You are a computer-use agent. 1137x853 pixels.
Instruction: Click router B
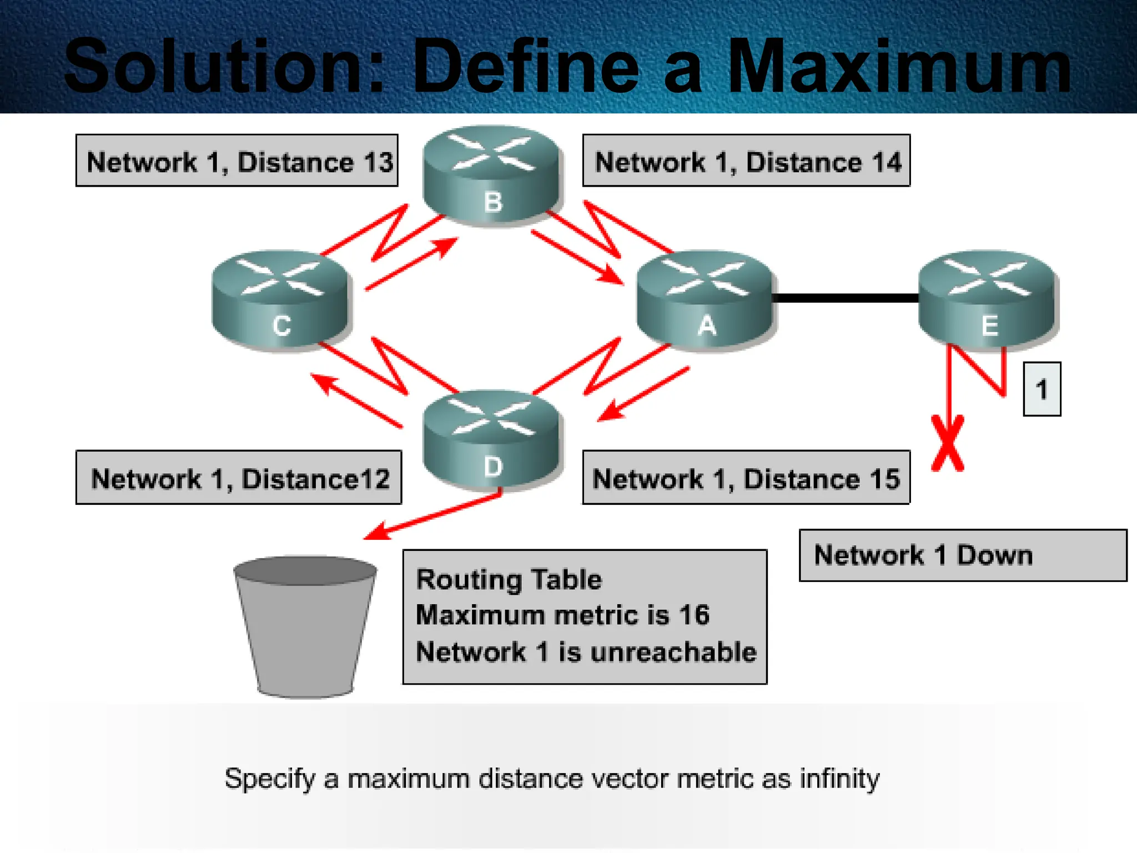pyautogui.click(x=491, y=175)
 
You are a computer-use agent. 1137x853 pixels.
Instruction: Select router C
pyautogui.click(x=281, y=300)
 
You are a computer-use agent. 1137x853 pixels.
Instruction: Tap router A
pyautogui.click(x=705, y=300)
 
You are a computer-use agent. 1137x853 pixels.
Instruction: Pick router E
pyautogui.click(x=988, y=300)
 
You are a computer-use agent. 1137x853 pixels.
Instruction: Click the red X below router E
pyautogui.click(x=948, y=444)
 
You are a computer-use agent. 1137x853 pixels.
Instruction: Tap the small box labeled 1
pyautogui.click(x=1042, y=389)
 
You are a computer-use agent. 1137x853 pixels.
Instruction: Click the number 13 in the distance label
pyautogui.click(x=378, y=163)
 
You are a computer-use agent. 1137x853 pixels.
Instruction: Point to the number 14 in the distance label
pyautogui.click(x=886, y=163)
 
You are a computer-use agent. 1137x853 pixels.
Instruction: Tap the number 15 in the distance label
pyautogui.click(x=884, y=479)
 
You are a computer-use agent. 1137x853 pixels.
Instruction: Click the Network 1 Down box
pyautogui.click(x=962, y=555)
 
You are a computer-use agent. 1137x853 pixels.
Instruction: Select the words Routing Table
pyautogui.click(x=509, y=580)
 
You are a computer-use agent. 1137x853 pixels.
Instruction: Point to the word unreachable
pyautogui.click(x=673, y=652)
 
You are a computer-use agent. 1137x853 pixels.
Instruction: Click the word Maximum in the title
pyautogui.click(x=899, y=67)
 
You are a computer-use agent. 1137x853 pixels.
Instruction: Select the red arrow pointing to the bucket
pyautogui.click(x=433, y=516)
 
